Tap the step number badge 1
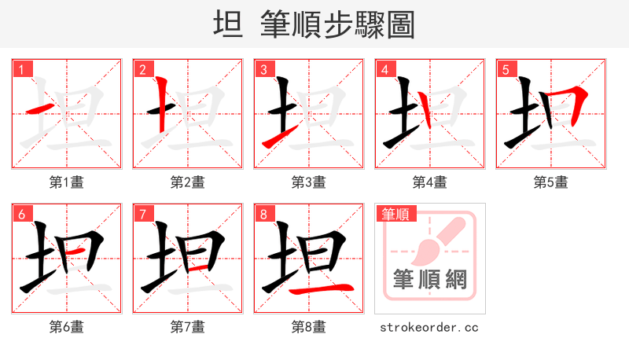tap(21, 69)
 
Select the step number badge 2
tap(142, 69)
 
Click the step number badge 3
tap(263, 69)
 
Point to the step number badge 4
tap(384, 69)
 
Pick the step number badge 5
tap(506, 69)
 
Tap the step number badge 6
tap(21, 213)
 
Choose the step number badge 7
tap(142, 213)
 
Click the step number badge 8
tap(263, 213)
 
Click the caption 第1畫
tap(66, 182)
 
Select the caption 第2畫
tap(187, 182)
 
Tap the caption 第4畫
tap(429, 182)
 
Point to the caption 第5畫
tap(550, 182)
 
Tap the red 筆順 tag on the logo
tap(397, 214)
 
